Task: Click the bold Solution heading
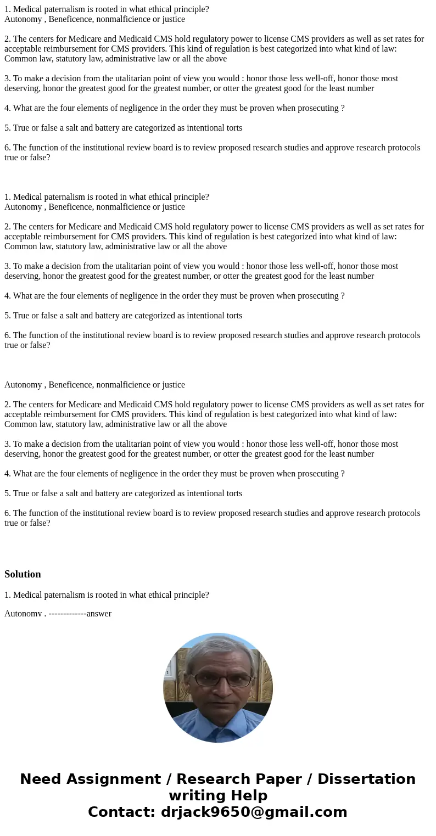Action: click(x=23, y=574)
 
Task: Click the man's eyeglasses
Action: click(x=220, y=680)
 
